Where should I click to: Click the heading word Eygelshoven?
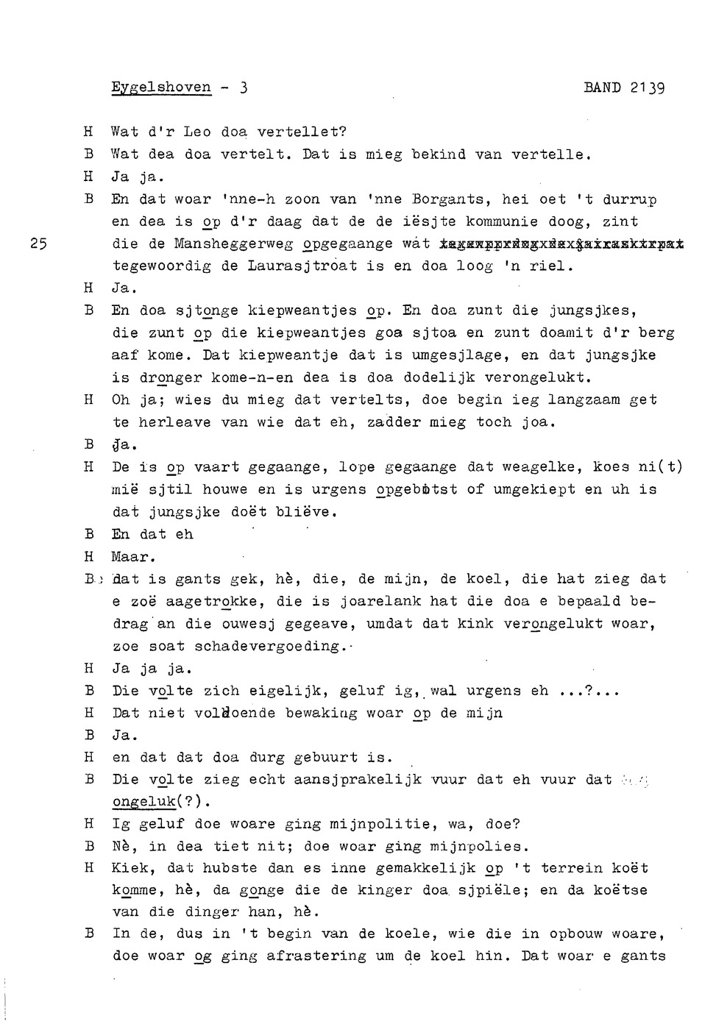click(x=161, y=88)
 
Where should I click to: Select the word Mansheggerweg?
click(x=233, y=243)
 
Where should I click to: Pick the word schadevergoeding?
click(x=266, y=646)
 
